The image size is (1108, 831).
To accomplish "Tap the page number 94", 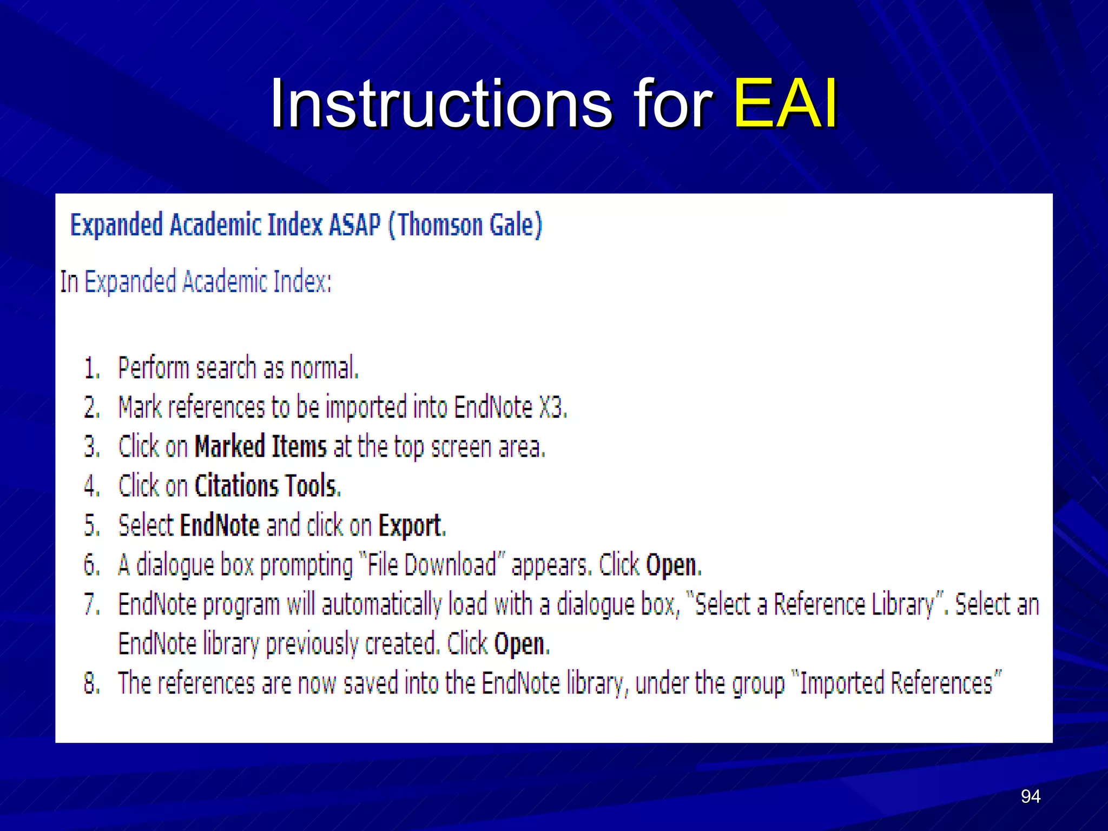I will coord(1030,796).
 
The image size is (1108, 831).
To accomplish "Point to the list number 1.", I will coord(91,368).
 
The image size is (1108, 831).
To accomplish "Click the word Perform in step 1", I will coord(153,368).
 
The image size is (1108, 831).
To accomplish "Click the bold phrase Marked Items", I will coord(261,447).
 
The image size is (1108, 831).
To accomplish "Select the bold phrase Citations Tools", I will coord(267,486).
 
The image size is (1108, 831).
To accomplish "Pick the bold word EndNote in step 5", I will coord(220,525).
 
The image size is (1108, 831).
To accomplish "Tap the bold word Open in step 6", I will coord(672,565).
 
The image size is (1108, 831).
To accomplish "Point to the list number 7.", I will coord(91,604).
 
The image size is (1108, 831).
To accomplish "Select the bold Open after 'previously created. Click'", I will coord(520,644).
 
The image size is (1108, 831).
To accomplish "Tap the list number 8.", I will coord(91,683).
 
